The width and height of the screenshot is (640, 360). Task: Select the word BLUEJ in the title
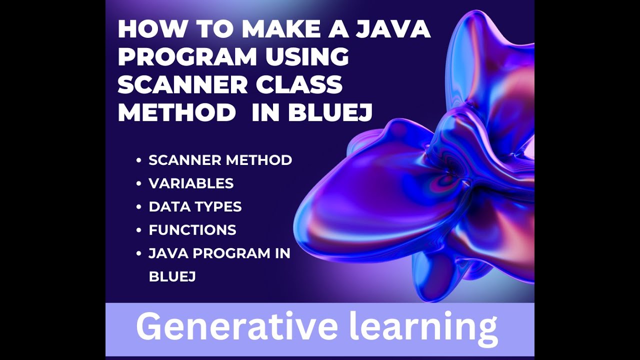[x=330, y=113]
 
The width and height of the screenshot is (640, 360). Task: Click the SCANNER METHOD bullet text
[x=220, y=160]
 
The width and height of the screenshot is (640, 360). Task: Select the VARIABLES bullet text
[x=191, y=183]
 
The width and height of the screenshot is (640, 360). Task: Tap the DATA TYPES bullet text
[x=195, y=206]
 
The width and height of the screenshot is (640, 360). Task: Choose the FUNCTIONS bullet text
[x=192, y=230]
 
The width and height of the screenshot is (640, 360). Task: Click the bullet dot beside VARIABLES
[x=138, y=184]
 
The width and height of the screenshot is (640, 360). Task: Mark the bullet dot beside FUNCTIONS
[x=138, y=230]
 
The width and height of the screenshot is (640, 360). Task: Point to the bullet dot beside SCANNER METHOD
[x=138, y=161]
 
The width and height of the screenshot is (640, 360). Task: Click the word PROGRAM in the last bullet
[x=231, y=253]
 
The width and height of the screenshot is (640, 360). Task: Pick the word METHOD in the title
[x=176, y=113]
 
